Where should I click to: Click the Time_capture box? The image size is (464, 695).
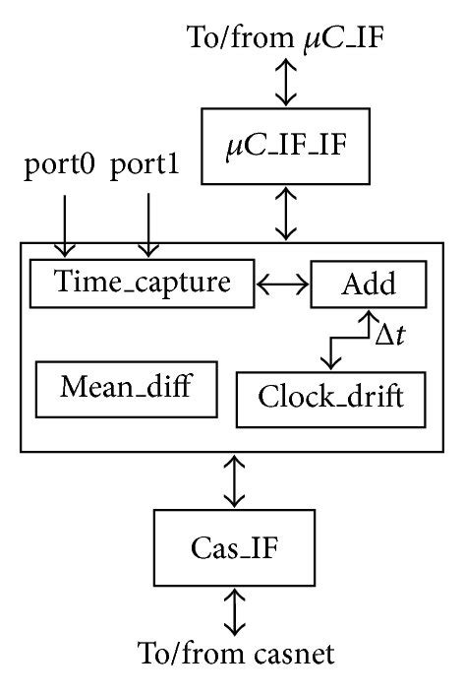coord(142,284)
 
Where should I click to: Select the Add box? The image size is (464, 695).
coord(368,284)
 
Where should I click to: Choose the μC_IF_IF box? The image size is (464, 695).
coord(284,149)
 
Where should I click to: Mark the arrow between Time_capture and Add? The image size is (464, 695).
coord(282,284)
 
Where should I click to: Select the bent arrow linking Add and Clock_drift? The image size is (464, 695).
coord(344,339)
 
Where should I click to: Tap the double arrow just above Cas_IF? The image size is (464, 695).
coord(233,481)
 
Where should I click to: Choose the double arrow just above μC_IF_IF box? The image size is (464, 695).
coord(285,83)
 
